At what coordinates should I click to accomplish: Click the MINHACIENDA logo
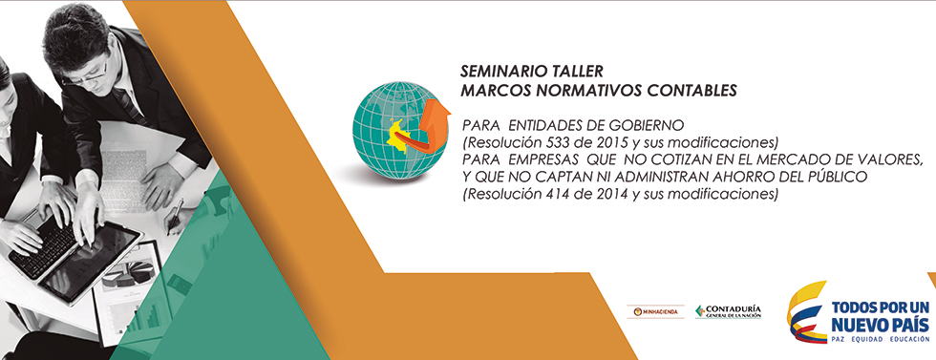pos(655,311)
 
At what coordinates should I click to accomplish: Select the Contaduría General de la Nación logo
pos(728,311)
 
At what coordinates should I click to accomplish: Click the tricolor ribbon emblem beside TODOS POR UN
pos(806,311)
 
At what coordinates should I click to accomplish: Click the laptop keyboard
pos(45,244)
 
